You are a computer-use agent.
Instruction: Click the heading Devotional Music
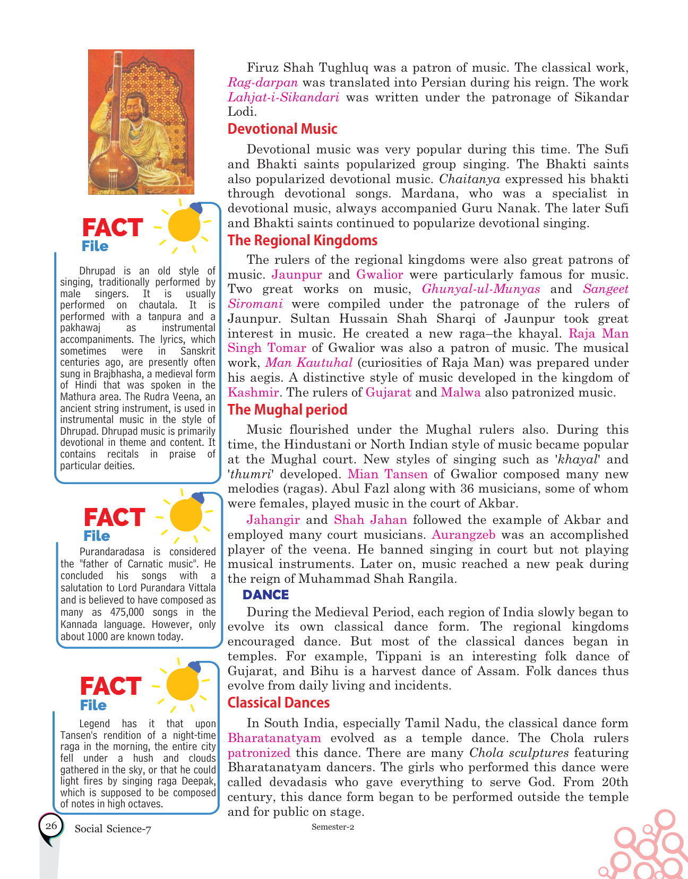[x=282, y=129]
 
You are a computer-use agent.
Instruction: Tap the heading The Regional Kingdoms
[x=302, y=240]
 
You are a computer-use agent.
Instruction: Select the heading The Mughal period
[x=287, y=410]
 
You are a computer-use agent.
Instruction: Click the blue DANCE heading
[x=265, y=594]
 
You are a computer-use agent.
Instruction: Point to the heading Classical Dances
[x=278, y=703]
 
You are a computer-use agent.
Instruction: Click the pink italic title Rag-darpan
[x=263, y=83]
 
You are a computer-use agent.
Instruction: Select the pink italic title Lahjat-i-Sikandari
[x=283, y=98]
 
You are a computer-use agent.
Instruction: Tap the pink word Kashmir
[x=253, y=393]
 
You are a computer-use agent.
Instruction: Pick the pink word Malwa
[x=460, y=393]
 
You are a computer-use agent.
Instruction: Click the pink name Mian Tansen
[x=388, y=474]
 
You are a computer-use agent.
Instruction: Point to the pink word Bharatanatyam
[x=274, y=738]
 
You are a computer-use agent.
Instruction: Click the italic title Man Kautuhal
[x=309, y=363]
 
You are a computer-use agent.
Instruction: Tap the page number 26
[x=51, y=825]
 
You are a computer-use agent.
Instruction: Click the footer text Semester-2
[x=333, y=827]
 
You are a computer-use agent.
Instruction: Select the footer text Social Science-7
[x=113, y=829]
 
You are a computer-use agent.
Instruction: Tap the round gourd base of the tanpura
[x=111, y=173]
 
